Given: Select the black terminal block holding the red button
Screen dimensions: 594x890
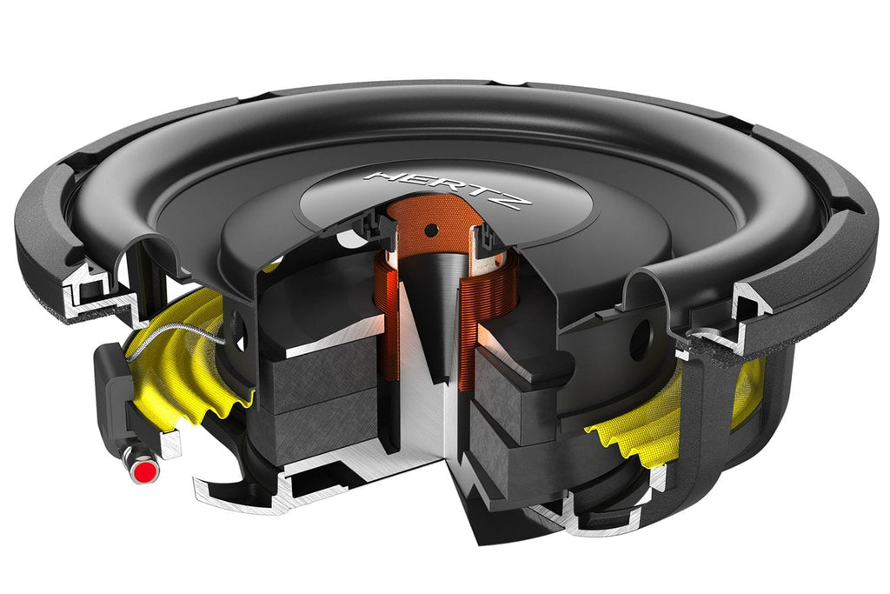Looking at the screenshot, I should click(x=117, y=400).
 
